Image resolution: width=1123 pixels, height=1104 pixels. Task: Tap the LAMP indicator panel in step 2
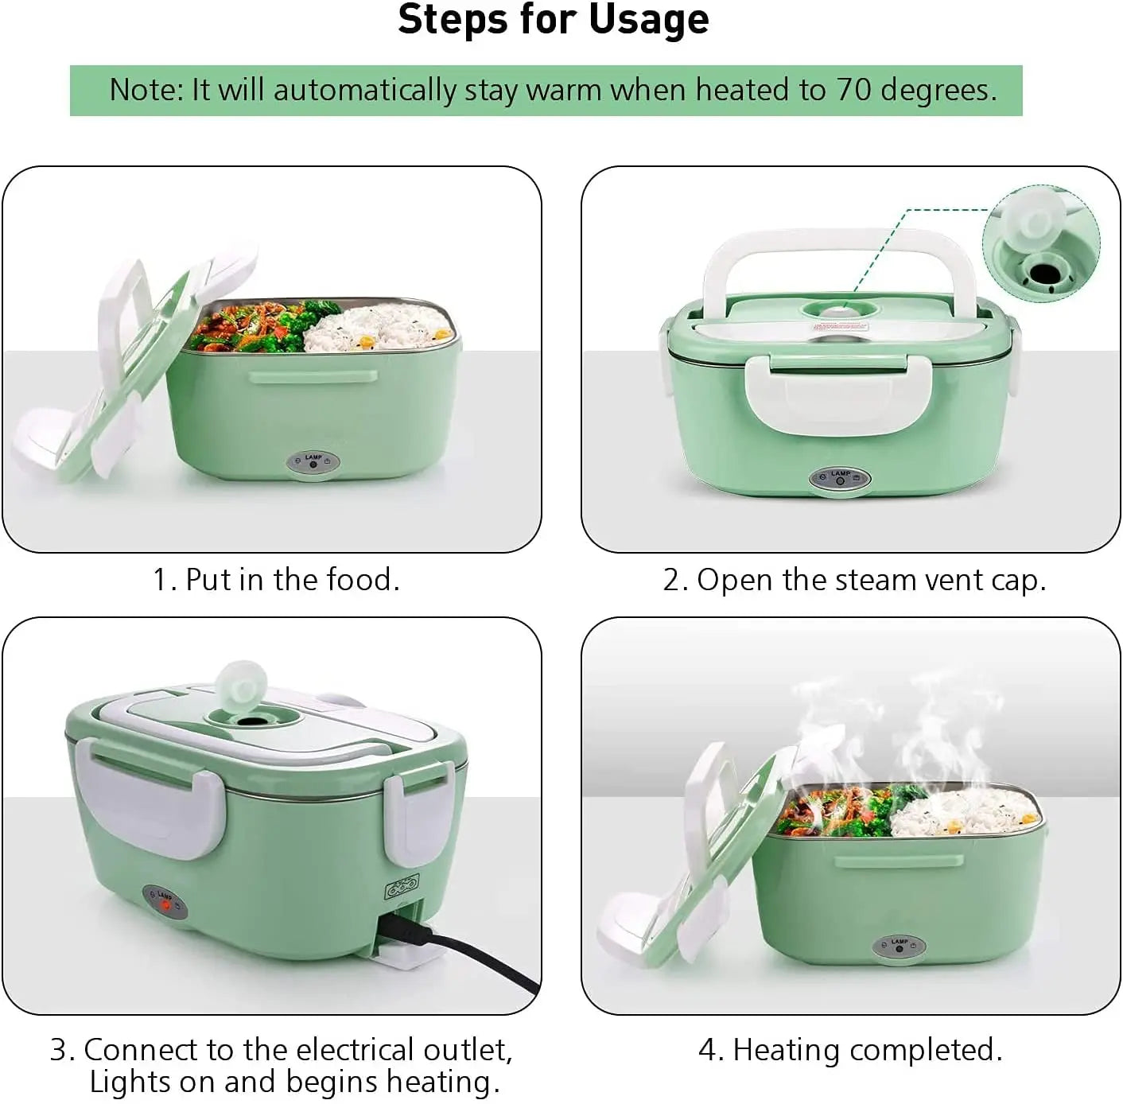point(840,479)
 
